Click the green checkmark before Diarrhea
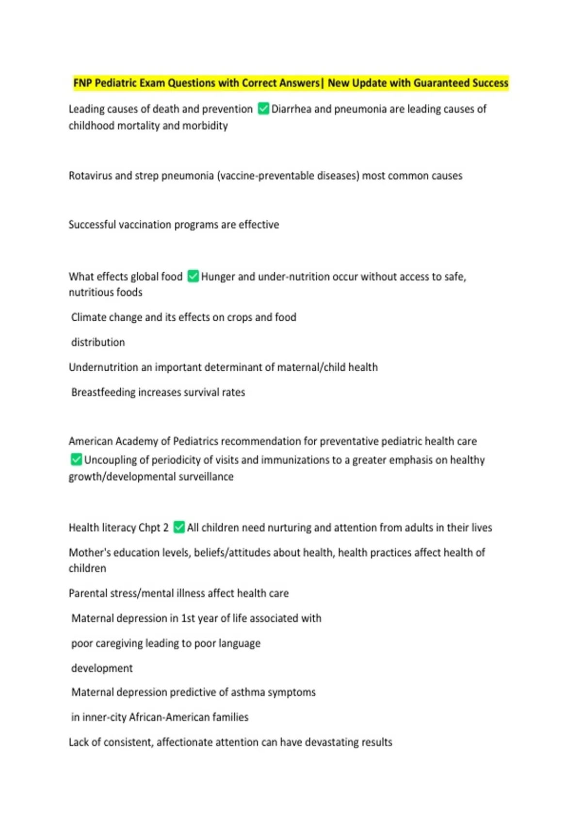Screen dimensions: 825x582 263,109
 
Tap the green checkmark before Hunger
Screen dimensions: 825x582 193,276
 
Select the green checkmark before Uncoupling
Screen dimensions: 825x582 76,459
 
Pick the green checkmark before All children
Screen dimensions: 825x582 179,527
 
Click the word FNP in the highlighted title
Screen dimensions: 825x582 82,83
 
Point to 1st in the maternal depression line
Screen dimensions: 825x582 188,618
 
